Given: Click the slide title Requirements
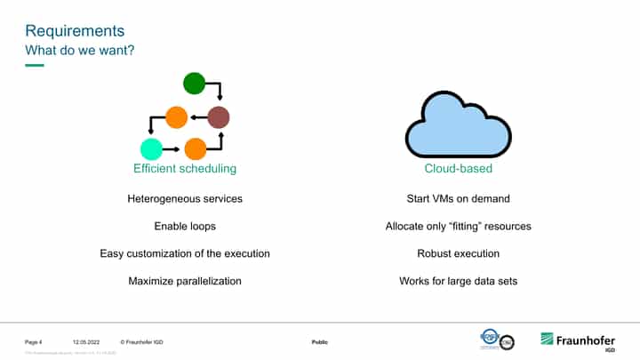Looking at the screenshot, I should pyautogui.click(x=75, y=30).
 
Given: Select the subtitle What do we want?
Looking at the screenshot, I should pyautogui.click(x=79, y=50).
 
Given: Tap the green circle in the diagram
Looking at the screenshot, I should pyautogui.click(x=195, y=84).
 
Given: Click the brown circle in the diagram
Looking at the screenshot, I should pyautogui.click(x=219, y=116).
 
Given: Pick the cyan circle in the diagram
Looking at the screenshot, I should pyautogui.click(x=151, y=149).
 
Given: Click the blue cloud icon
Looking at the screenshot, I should pyautogui.click(x=458, y=126).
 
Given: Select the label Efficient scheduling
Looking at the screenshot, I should pyautogui.click(x=185, y=168).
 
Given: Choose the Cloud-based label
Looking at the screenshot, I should pyautogui.click(x=458, y=168).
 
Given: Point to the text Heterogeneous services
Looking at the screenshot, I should pyautogui.click(x=185, y=198).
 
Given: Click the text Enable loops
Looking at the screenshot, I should pyautogui.click(x=185, y=226).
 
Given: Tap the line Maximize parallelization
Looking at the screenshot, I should pyautogui.click(x=185, y=281).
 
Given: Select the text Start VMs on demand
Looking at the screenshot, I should pyautogui.click(x=458, y=198).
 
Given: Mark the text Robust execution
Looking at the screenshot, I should pyautogui.click(x=458, y=253).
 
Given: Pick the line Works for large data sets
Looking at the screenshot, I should pyautogui.click(x=458, y=281).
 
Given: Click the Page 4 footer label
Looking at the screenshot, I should pyautogui.click(x=34, y=342).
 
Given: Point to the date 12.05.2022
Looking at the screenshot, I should pyautogui.click(x=84, y=342).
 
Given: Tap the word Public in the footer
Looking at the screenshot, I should pyautogui.click(x=320, y=342).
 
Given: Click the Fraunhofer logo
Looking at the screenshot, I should pyautogui.click(x=578, y=340).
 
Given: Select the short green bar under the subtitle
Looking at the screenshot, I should pyautogui.click(x=34, y=65).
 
